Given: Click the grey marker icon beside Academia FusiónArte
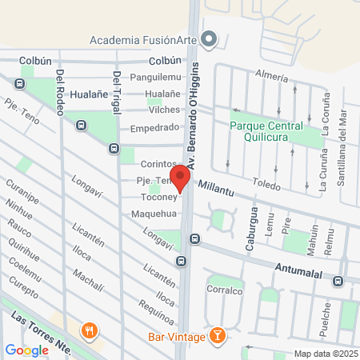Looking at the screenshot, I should click(x=210, y=38).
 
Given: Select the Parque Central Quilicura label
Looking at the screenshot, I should click(x=266, y=132).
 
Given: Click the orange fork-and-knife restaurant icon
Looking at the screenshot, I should click(x=90, y=330).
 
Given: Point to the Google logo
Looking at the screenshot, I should click(x=26, y=350).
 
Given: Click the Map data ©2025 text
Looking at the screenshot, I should click(x=324, y=354).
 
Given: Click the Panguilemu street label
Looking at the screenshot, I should click(x=155, y=77).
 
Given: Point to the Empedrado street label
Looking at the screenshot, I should click(x=155, y=127).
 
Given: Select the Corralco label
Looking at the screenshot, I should click(x=224, y=291).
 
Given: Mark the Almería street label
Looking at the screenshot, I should click(x=270, y=77).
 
